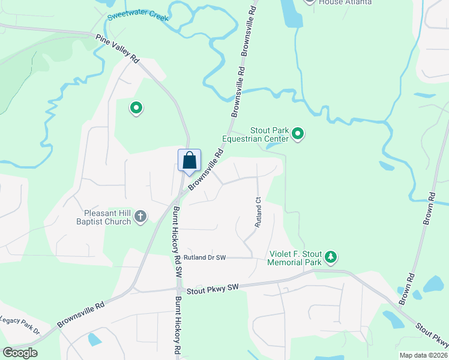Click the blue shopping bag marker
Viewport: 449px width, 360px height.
point(189,161)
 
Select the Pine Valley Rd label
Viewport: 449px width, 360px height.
point(118,49)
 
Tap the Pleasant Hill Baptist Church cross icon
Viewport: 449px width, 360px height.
point(140,215)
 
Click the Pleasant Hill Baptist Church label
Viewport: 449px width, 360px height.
point(103,217)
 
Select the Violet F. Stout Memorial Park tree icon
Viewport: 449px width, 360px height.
point(330,257)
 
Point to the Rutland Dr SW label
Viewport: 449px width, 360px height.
point(205,257)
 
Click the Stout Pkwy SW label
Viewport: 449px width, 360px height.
point(212,289)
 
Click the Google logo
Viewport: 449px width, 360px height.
point(20,352)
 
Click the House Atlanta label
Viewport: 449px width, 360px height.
point(345,2)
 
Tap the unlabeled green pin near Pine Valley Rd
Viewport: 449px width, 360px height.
point(136,108)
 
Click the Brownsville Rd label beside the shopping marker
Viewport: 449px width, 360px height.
point(206,170)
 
